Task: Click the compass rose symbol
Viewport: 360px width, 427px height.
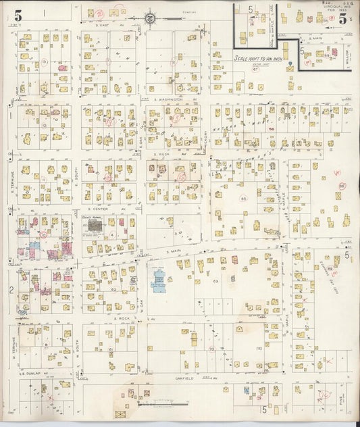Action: coord(150,18)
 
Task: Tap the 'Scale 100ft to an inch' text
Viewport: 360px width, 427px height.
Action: coord(259,59)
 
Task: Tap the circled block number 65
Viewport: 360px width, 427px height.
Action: coord(242,199)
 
